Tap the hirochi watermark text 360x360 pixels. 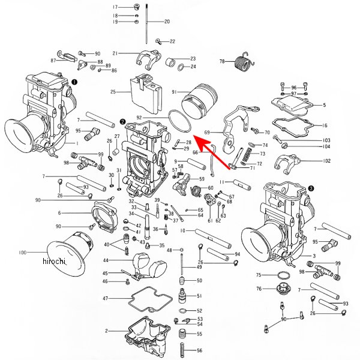point(54,262)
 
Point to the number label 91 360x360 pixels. point(174,92)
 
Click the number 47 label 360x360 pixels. point(105,298)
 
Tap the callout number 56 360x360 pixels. point(200,350)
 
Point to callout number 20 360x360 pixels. point(167,22)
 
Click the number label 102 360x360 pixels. point(326,161)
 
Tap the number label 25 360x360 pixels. point(113,92)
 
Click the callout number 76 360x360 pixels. point(259,289)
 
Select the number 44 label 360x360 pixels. point(105,260)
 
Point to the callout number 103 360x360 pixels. point(326,140)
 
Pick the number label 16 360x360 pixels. point(325,125)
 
